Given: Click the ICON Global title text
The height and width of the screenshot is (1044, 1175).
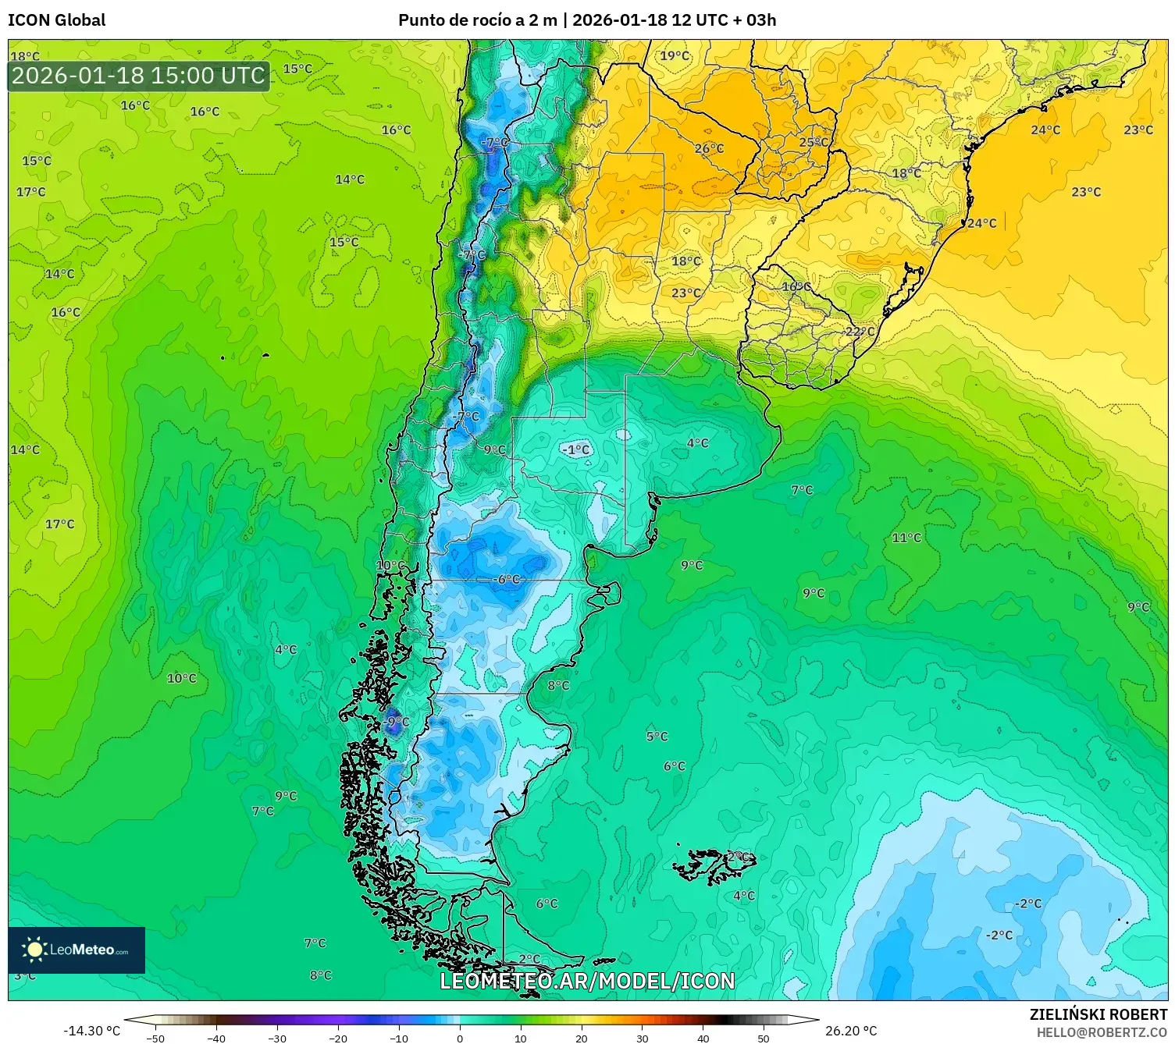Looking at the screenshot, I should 56,20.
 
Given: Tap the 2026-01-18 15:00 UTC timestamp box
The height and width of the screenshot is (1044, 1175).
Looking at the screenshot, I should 139,76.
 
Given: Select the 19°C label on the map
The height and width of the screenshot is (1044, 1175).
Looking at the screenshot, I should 675,55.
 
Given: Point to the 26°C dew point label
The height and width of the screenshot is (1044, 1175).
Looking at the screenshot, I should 709,148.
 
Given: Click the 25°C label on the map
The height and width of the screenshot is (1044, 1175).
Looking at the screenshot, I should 814,142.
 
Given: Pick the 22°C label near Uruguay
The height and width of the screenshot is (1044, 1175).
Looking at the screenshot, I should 860,332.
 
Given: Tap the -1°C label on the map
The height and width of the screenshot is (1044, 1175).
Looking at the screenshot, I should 576,449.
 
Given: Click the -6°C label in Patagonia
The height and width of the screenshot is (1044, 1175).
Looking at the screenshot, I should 508,579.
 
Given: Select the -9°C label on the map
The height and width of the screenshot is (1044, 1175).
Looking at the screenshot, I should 397,722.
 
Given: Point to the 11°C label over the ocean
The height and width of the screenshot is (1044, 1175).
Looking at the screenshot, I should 906,538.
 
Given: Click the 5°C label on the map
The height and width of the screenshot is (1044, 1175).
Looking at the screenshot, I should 657,736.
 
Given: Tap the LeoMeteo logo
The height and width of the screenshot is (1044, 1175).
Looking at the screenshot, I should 77,950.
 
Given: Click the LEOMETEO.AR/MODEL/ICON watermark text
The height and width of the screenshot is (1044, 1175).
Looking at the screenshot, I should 587,981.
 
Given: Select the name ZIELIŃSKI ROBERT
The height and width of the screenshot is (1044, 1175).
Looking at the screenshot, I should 1098,1014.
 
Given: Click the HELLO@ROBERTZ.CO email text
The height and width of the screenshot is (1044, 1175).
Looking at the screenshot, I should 1102,1032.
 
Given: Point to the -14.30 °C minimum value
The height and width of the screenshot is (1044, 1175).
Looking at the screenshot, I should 91,1031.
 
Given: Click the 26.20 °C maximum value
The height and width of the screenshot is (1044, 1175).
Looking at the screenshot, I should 851,1031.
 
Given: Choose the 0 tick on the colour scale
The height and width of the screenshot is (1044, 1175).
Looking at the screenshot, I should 460,1038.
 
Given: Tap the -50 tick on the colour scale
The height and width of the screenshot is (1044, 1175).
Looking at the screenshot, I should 155,1038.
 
